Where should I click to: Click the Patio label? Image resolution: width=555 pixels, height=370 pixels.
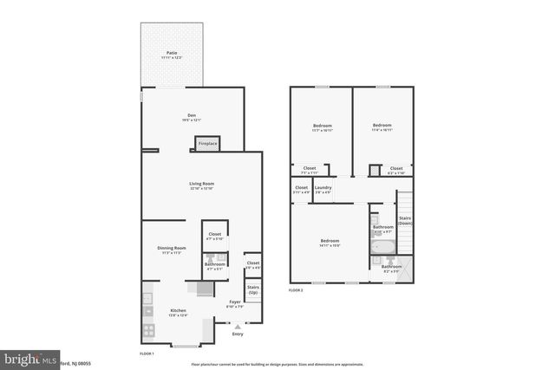pos(172,55)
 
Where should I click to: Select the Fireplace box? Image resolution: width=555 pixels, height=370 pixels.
pos(207,144)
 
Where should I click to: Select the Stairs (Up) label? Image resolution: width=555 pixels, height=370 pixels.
pos(253,289)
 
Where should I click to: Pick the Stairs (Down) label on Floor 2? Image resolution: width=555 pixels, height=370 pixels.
pos(404,220)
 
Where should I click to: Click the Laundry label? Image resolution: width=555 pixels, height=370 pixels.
pos(323,189)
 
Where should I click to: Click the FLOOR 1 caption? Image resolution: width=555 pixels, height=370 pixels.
pos(147,354)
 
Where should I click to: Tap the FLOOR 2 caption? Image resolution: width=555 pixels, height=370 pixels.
pos(297,290)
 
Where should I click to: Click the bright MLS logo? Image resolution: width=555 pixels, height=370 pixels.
pos(25,357)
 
